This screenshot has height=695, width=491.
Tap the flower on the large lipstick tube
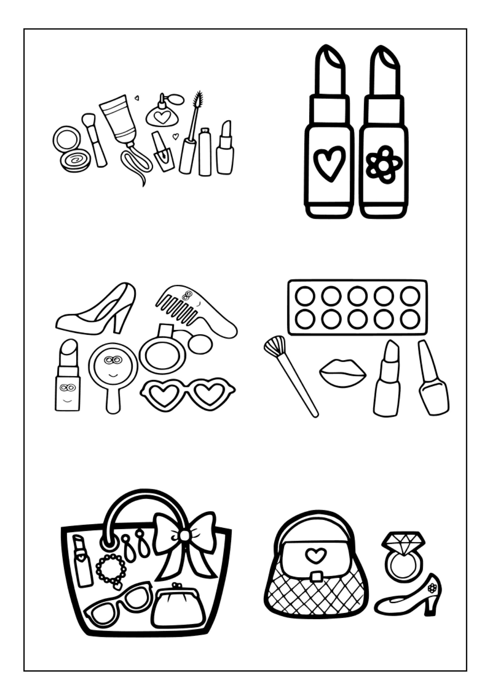(x=384, y=165)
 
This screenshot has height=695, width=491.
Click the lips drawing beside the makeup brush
(x=342, y=373)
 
